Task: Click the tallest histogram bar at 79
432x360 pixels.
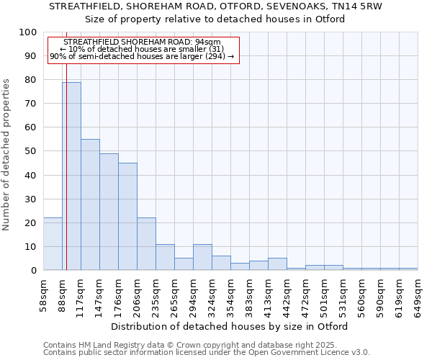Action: [71, 176]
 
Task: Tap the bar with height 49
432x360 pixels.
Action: [109, 212]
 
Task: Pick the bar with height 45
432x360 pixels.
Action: [127, 217]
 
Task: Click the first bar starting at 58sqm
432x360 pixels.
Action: [53, 244]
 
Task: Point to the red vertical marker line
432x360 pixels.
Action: [66, 144]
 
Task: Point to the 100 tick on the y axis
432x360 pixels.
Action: [28, 32]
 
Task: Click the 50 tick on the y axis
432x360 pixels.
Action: [31, 151]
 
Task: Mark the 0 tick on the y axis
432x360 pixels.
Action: [34, 271]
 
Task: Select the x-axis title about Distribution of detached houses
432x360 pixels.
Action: [230, 327]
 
